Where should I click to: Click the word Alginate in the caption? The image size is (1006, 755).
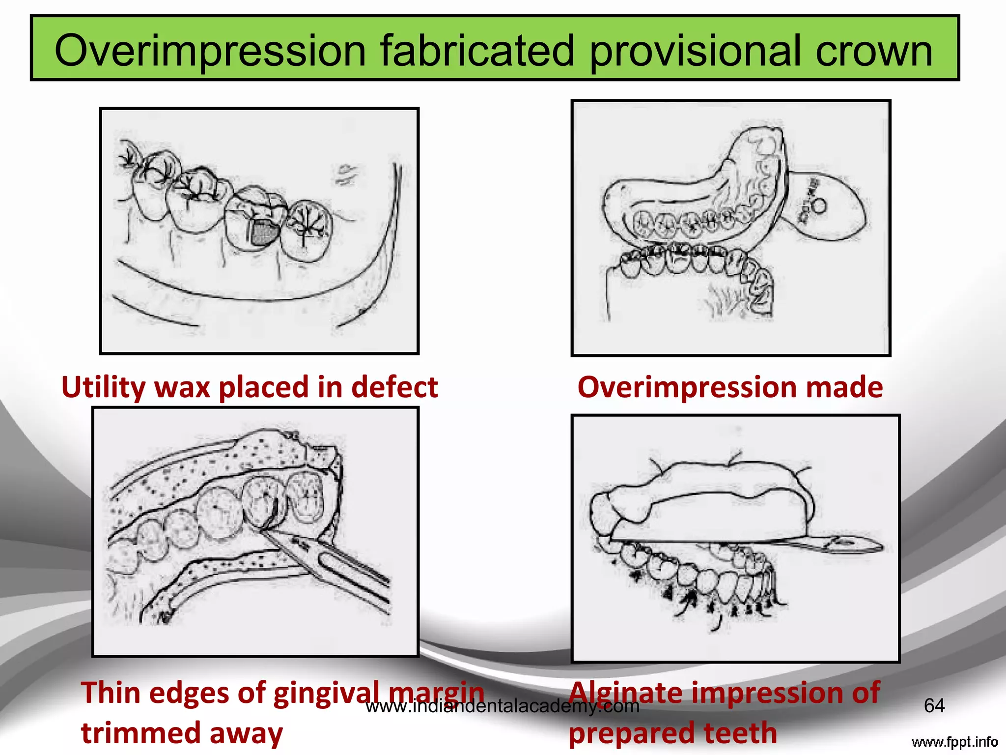coord(625,693)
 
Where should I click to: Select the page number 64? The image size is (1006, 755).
coord(934,706)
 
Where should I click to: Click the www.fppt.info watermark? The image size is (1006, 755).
coord(954,742)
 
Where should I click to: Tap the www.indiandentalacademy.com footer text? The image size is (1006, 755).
coord(503,706)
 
